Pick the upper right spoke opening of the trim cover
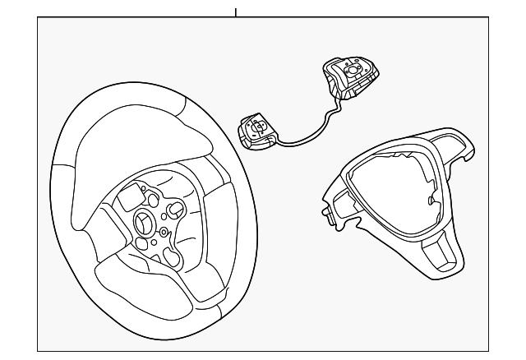pyautogui.click(x=457, y=145)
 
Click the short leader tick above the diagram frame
pyautogui.click(x=235, y=12)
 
